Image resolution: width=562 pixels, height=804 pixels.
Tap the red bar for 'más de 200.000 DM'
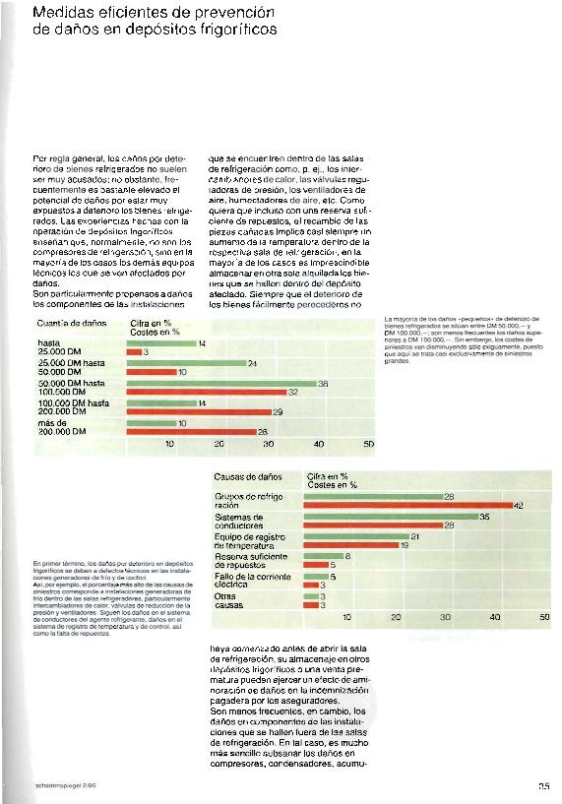click(x=193, y=431)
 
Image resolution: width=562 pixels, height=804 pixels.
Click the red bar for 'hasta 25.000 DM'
click(x=136, y=350)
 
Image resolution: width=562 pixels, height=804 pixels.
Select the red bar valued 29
click(x=201, y=411)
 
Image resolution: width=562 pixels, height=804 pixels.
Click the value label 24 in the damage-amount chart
click(x=253, y=363)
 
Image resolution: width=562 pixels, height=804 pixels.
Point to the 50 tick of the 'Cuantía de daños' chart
click(x=369, y=445)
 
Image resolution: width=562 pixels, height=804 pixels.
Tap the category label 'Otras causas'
click(x=227, y=600)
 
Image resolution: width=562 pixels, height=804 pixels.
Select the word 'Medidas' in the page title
click(x=58, y=13)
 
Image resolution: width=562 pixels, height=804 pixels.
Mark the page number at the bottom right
click(x=543, y=785)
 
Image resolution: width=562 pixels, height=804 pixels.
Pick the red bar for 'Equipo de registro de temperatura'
click(x=352, y=545)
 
